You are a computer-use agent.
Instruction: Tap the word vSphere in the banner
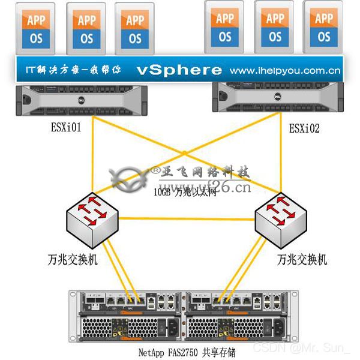179,70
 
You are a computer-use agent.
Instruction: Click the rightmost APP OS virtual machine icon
325,27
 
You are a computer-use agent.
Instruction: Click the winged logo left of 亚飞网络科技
130,178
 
